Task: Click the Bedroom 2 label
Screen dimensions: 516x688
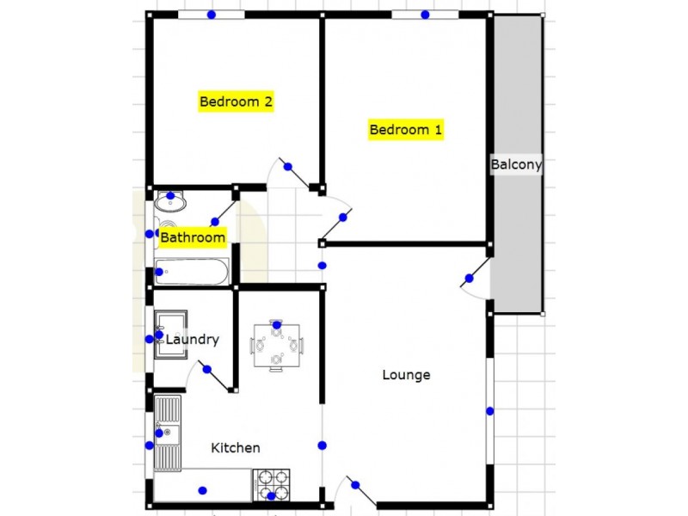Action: [236, 101]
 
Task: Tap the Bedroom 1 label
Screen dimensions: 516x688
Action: [406, 131]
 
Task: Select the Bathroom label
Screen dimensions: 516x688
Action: [193, 237]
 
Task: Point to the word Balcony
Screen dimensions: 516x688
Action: [516, 165]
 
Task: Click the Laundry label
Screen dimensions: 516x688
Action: [193, 340]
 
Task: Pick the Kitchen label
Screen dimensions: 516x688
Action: [236, 448]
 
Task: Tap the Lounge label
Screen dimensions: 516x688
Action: [406, 375]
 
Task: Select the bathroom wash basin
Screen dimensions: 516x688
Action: [170, 204]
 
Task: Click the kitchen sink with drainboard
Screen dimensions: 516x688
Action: [168, 434]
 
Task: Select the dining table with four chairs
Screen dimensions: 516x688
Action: [276, 345]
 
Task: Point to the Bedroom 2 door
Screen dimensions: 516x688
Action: [292, 172]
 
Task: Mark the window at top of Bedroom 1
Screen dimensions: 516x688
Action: [425, 15]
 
